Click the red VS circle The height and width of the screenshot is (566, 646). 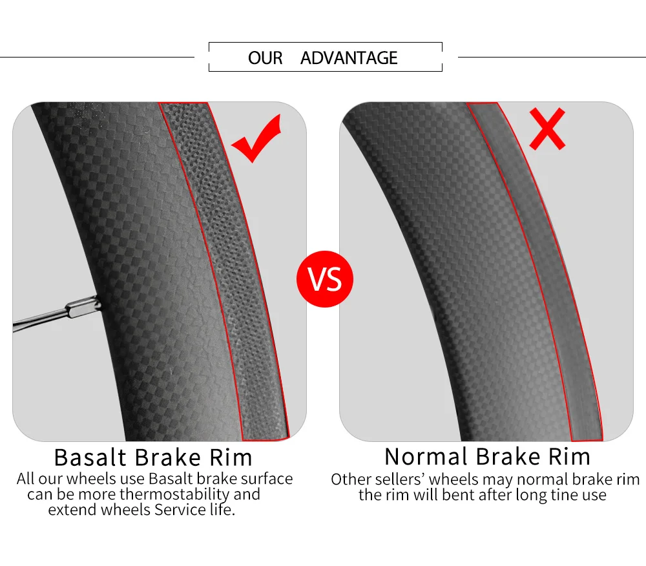click(325, 280)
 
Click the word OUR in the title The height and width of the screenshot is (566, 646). click(265, 58)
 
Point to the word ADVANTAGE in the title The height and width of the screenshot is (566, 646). click(349, 58)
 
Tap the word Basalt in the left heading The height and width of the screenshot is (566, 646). click(90, 457)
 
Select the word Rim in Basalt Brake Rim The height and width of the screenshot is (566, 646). click(231, 457)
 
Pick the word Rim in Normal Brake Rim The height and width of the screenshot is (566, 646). click(570, 457)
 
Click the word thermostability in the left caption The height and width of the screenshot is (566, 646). click(175, 494)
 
